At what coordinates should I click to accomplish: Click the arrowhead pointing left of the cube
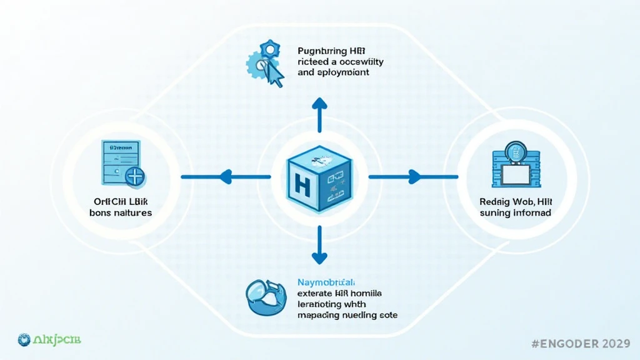point(226,177)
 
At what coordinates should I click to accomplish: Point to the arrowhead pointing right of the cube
point(414,177)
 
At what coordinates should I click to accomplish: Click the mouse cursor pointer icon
point(273,74)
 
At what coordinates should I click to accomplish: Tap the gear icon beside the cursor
point(258,62)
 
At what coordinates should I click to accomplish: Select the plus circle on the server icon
point(134,176)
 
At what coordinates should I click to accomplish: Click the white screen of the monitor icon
point(516,174)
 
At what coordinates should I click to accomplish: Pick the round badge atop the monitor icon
point(515,151)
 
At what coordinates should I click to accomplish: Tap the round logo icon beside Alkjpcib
point(24,339)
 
